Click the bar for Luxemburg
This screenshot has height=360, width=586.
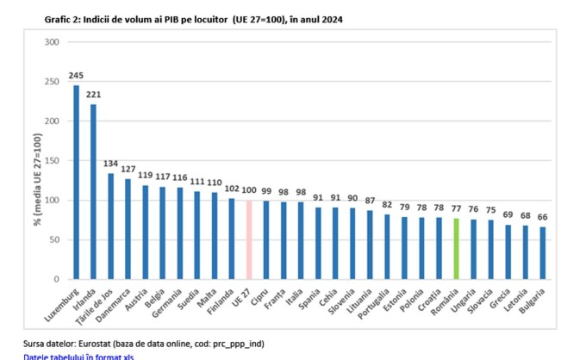(x=76, y=182)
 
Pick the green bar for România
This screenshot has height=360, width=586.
(x=456, y=249)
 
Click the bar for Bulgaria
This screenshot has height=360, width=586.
(x=542, y=253)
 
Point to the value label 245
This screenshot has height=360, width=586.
(x=76, y=76)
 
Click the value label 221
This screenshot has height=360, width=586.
(x=93, y=95)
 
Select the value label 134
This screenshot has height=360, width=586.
(x=110, y=164)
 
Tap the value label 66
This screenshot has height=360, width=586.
(x=542, y=217)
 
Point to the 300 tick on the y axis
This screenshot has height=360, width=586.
(x=52, y=42)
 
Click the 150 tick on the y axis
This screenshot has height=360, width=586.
(x=52, y=161)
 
